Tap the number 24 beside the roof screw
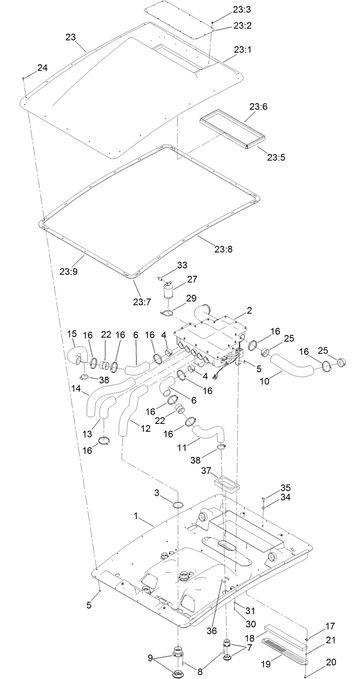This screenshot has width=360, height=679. tap(43, 68)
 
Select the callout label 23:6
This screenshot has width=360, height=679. tap(258, 107)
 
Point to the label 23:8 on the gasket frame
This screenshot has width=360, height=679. tap(224, 249)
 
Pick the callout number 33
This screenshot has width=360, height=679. tap(182, 265)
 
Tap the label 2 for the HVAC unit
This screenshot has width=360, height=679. tap(249, 310)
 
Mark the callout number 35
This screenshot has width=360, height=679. tap(286, 488)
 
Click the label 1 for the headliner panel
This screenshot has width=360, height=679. tap(136, 516)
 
